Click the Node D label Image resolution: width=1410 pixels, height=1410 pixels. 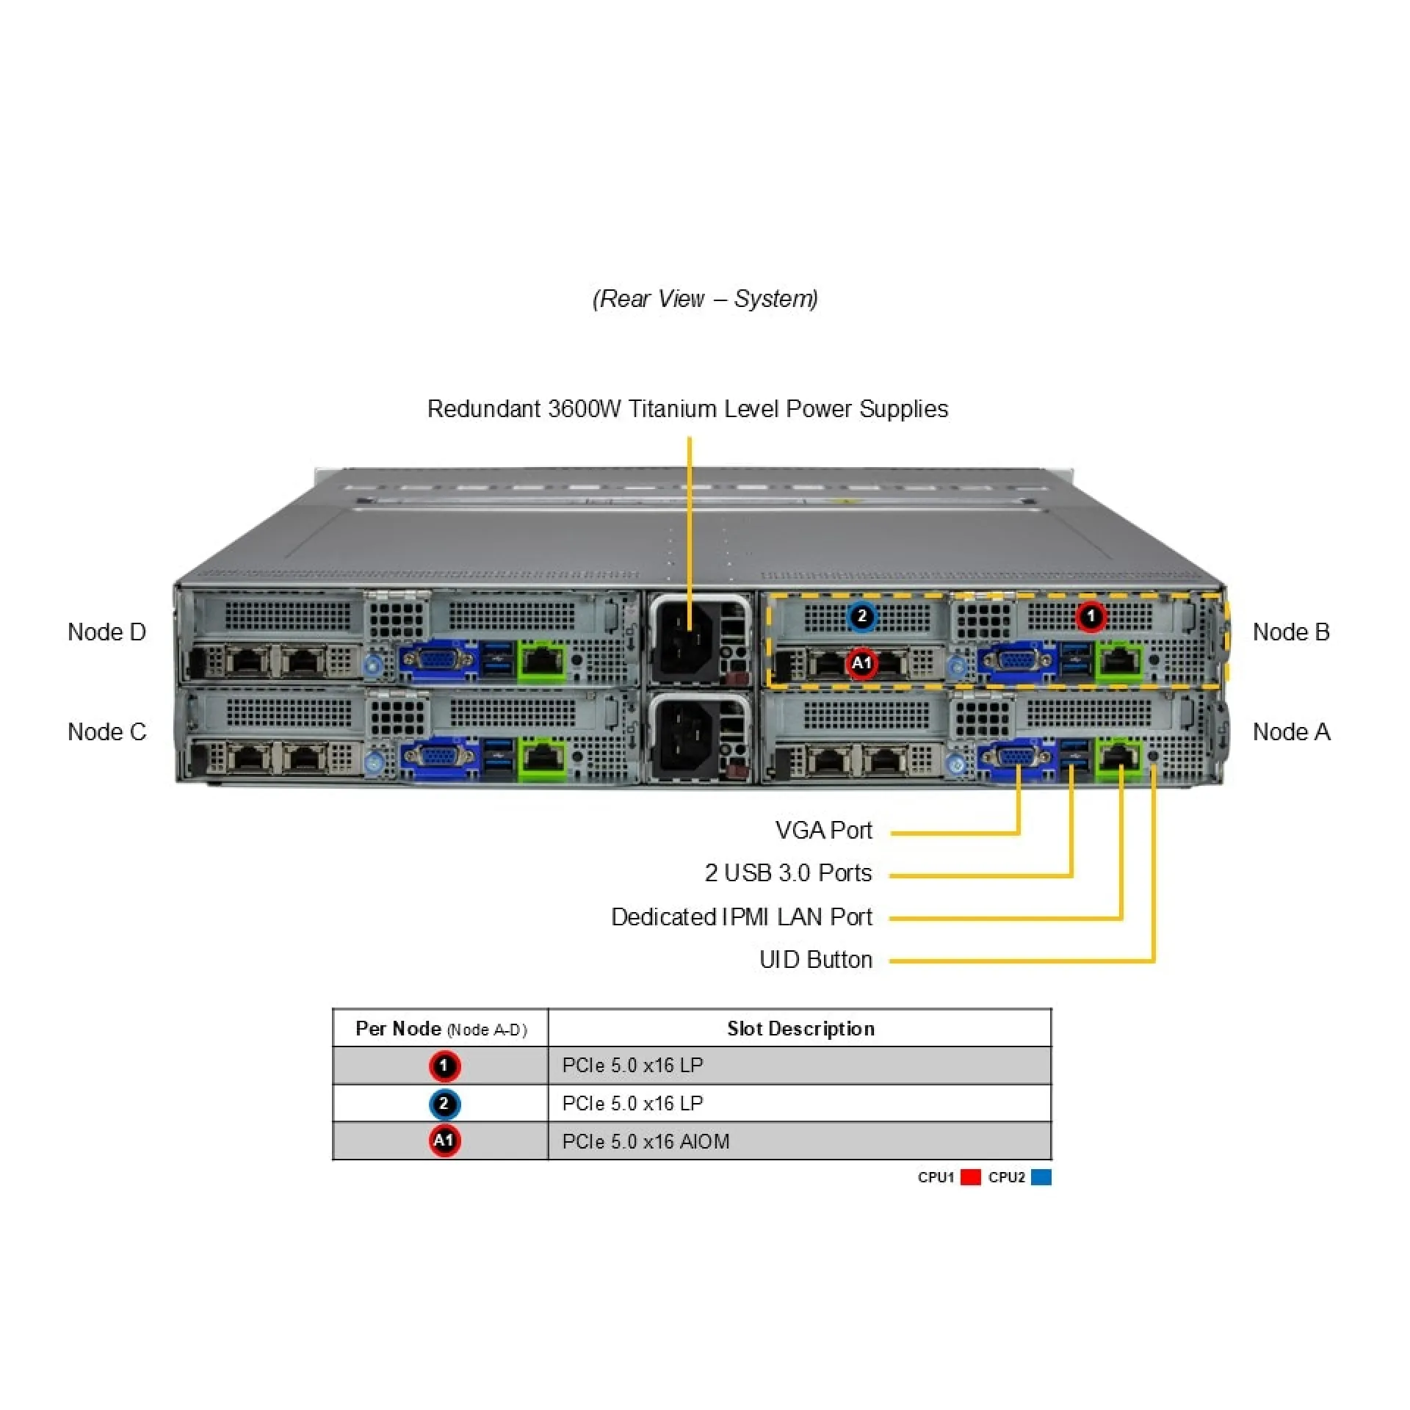(106, 632)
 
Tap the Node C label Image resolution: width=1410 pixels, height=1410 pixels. (106, 731)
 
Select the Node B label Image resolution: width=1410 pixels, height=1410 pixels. (1291, 632)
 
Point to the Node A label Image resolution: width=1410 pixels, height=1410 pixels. (1291, 731)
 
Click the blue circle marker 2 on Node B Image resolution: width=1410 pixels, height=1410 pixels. (861, 616)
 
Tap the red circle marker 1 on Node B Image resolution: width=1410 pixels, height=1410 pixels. (1091, 616)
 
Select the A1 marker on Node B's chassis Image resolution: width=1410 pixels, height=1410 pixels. (861, 663)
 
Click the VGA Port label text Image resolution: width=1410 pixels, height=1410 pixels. (823, 830)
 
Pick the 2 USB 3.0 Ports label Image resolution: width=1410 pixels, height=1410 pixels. (788, 872)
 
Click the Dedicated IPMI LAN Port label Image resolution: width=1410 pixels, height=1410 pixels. (742, 916)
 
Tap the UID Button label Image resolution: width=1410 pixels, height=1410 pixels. (815, 959)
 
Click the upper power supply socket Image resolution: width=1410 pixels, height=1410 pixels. (683, 639)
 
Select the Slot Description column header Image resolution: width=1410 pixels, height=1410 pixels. (800, 1028)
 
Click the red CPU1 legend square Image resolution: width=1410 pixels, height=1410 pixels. (971, 1177)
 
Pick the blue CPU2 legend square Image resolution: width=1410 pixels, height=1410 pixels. (1041, 1177)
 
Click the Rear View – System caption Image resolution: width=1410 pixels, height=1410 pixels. (705, 299)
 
